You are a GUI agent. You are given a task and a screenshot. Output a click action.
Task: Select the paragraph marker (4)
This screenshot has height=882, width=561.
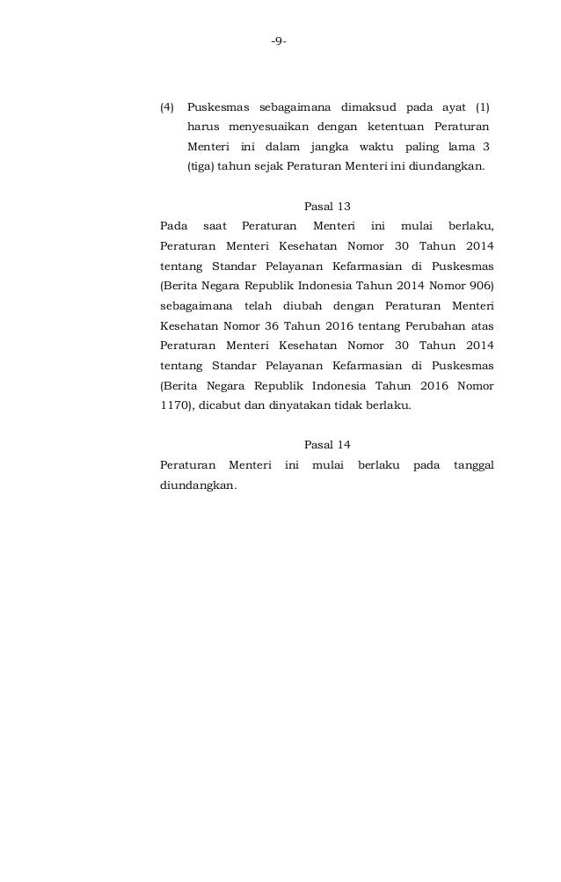tap(166, 108)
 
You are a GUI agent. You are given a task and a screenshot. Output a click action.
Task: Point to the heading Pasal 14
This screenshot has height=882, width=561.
tap(327, 444)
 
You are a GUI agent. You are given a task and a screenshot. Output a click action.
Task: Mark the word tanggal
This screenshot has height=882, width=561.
tap(473, 464)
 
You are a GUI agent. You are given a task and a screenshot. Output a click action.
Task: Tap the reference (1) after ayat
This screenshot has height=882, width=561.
tap(483, 108)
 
